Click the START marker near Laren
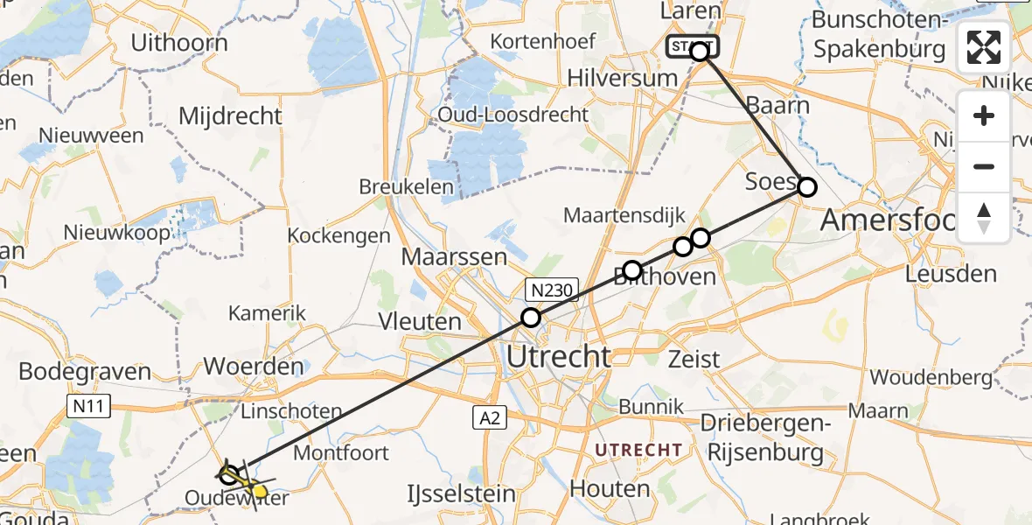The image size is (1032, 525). click(x=694, y=47)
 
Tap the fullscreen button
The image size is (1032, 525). click(x=984, y=47)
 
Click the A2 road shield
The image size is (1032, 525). click(x=490, y=419)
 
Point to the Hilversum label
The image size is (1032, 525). click(x=622, y=78)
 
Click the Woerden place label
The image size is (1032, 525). click(x=254, y=366)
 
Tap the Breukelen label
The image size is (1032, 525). click(x=407, y=187)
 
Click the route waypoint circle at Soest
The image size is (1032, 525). click(x=806, y=186)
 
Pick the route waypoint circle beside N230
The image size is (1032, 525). click(x=531, y=318)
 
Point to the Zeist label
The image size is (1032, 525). click(x=694, y=358)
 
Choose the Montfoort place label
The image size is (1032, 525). click(x=340, y=452)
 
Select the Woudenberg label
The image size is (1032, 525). click(x=931, y=378)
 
